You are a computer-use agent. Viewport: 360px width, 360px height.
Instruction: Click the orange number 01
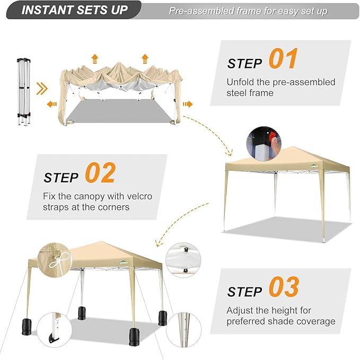tap(283, 58)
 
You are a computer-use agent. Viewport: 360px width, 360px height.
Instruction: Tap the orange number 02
tap(100, 173)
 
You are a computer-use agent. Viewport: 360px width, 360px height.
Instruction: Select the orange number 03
tap(284, 286)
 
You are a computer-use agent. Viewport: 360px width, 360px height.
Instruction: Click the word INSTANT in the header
tap(47, 10)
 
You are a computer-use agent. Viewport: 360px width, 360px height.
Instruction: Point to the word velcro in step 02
tap(139, 196)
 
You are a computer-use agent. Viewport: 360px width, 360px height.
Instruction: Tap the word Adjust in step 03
tap(240, 311)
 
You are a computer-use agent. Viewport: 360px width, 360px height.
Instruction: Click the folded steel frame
tap(24, 91)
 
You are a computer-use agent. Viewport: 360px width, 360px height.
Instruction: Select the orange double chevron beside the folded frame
tap(42, 89)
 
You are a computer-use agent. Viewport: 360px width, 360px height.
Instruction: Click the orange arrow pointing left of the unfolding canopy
tap(51, 104)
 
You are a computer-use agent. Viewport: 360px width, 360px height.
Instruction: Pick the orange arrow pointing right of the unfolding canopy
tap(188, 104)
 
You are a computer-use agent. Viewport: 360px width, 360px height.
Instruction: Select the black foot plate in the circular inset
tap(54, 338)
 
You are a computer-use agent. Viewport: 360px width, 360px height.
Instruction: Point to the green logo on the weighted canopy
tap(124, 262)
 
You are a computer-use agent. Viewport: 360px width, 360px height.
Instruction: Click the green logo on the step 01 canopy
tap(314, 165)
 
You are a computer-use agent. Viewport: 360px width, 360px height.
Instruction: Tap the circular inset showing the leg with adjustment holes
tap(183, 329)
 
